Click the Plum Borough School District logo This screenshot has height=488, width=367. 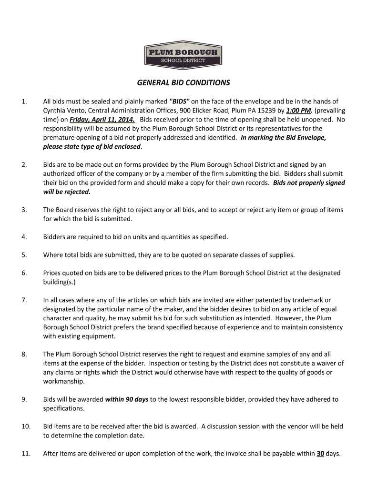click(x=183, y=55)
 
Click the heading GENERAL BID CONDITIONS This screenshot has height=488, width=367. click(x=183, y=83)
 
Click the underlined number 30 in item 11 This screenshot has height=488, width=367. click(x=320, y=454)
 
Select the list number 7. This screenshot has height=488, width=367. click(x=24, y=300)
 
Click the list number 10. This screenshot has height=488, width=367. click(x=26, y=427)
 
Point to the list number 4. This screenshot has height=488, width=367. click(x=24, y=237)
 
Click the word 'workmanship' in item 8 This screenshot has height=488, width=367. click(x=63, y=382)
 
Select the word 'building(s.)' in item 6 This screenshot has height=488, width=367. click(x=60, y=282)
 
